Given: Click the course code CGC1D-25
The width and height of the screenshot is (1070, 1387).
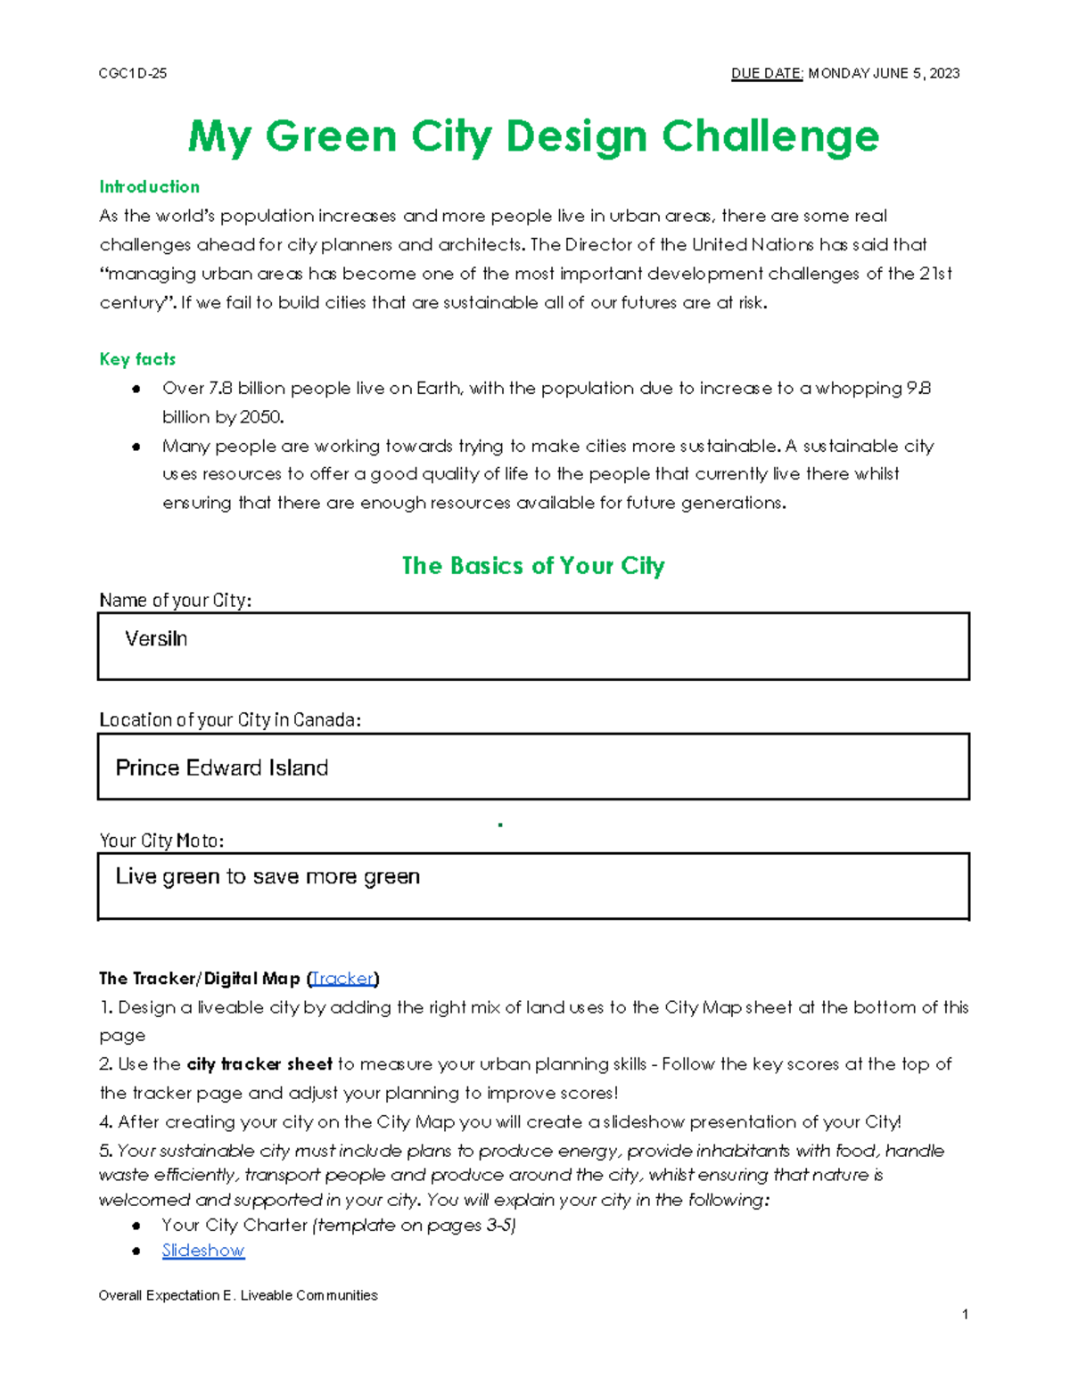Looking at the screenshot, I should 132,73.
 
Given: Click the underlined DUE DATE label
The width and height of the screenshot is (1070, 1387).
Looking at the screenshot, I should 767,73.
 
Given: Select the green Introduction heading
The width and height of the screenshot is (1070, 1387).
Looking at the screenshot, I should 149,186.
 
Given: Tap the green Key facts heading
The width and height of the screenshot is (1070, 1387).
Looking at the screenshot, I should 137,359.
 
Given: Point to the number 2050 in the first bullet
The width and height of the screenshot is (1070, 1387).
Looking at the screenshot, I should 261,417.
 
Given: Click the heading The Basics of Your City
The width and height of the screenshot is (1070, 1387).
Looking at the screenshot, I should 533,565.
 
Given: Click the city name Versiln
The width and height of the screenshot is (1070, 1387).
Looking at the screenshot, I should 156,639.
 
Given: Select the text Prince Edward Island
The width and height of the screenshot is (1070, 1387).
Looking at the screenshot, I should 222,767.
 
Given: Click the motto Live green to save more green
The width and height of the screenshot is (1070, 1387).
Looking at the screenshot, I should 267,876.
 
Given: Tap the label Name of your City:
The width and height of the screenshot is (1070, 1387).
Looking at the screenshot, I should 175,601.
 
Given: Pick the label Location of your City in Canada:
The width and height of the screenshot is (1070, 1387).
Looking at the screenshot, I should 230,719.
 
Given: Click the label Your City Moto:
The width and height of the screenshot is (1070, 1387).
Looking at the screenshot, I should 161,841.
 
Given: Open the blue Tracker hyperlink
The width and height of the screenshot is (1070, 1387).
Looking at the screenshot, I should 342,979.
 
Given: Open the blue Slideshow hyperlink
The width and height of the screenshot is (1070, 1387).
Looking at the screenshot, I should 203,1251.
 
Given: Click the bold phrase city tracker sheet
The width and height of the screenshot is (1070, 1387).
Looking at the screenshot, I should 259,1064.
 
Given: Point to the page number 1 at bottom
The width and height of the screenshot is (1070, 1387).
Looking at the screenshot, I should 965,1314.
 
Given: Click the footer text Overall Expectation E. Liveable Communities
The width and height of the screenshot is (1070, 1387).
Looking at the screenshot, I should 238,1295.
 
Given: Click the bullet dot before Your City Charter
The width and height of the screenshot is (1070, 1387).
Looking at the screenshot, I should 136,1226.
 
